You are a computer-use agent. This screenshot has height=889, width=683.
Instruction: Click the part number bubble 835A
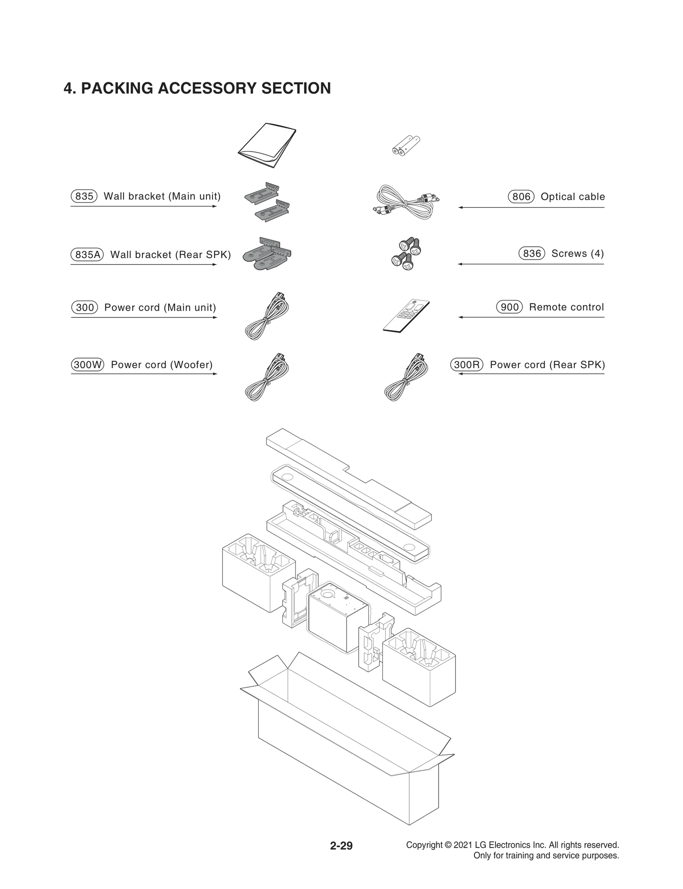coord(87,255)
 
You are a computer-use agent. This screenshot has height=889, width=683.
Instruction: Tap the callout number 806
coord(521,197)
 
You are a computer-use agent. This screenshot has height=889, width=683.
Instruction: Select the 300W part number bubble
coord(87,365)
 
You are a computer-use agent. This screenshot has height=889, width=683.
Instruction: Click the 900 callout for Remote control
coord(509,307)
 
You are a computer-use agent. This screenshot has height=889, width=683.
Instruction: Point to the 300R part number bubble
coord(467,365)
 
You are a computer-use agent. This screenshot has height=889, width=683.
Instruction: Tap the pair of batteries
coord(406,145)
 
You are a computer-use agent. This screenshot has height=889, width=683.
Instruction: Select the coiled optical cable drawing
coord(406,203)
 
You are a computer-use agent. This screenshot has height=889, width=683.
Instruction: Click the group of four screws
coord(406,254)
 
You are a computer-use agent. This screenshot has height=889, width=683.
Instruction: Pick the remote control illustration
coord(406,316)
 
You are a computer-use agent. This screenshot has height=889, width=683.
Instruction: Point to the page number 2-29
coord(341,845)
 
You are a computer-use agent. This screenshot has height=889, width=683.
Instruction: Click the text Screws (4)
coord(577,253)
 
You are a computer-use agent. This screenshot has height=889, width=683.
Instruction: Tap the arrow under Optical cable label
coord(531,207)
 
